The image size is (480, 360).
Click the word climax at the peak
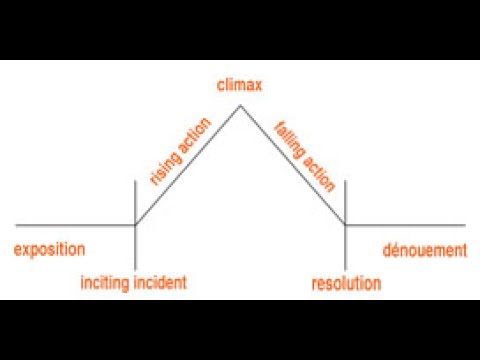240,86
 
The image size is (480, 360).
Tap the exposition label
49,249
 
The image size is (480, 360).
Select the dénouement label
425,249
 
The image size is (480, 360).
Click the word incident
160,284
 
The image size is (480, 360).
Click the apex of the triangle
240,104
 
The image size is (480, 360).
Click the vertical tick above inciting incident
135,200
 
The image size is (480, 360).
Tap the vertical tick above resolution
345,200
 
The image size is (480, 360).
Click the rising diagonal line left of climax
188,165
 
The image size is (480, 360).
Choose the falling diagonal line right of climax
292,165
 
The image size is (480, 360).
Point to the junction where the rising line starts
135,226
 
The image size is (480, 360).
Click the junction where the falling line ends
345,226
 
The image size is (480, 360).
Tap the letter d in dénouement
388,249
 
